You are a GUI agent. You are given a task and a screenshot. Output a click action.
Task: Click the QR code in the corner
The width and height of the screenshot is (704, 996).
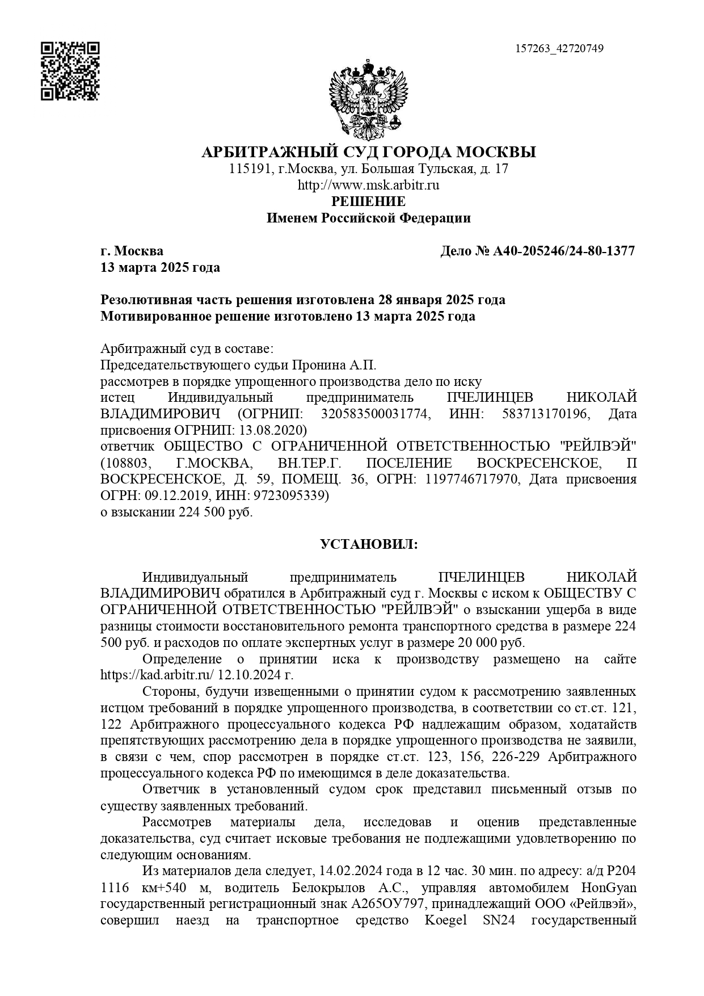[x=70, y=71]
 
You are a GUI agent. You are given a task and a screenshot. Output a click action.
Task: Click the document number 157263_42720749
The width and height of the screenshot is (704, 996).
[x=559, y=49]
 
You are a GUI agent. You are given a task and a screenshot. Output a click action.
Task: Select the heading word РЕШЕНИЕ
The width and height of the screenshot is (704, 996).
[x=368, y=201]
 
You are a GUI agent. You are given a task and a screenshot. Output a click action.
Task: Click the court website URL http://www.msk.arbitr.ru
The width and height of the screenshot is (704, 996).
[x=368, y=185]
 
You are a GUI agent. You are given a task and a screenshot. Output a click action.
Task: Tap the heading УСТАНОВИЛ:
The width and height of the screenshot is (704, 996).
[x=368, y=545]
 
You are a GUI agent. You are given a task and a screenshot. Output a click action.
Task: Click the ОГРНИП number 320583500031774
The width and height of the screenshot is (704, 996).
[x=374, y=414]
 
